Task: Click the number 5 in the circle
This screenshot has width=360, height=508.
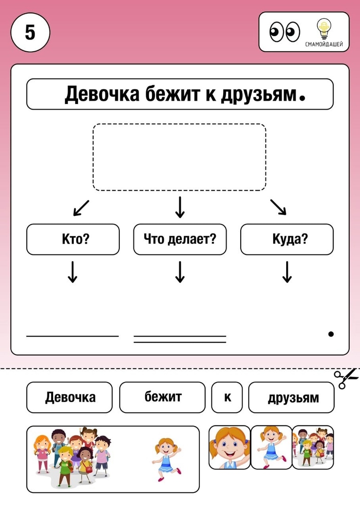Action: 30,32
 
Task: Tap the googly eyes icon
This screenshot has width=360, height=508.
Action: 284,32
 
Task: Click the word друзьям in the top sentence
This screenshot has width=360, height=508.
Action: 259,94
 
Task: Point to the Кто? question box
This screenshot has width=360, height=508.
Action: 73,239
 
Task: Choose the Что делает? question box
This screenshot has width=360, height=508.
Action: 180,239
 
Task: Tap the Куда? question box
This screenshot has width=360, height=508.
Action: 287,239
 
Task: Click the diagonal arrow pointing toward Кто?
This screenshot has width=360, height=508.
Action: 81,208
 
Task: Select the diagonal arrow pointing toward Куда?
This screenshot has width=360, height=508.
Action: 278,207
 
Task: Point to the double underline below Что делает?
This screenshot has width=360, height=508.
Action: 180,339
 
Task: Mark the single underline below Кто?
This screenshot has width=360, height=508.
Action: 72,336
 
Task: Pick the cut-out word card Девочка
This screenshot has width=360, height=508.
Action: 69,397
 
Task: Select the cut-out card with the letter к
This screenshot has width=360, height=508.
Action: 227,397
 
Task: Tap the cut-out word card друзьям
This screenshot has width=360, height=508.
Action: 291,397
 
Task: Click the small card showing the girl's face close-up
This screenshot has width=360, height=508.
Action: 229,447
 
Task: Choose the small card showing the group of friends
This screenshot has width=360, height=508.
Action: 313,447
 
